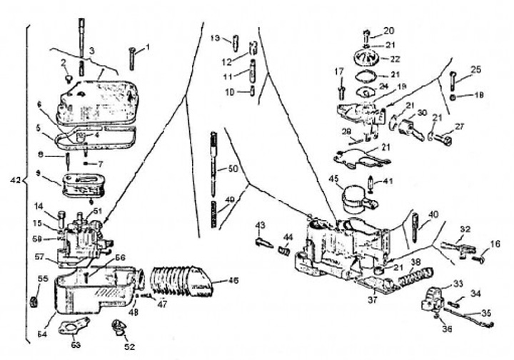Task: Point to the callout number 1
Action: coord(148,47)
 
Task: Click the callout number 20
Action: coord(388,31)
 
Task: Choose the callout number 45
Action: coord(333,178)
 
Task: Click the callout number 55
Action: coord(41,279)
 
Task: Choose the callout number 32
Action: coord(465,229)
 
